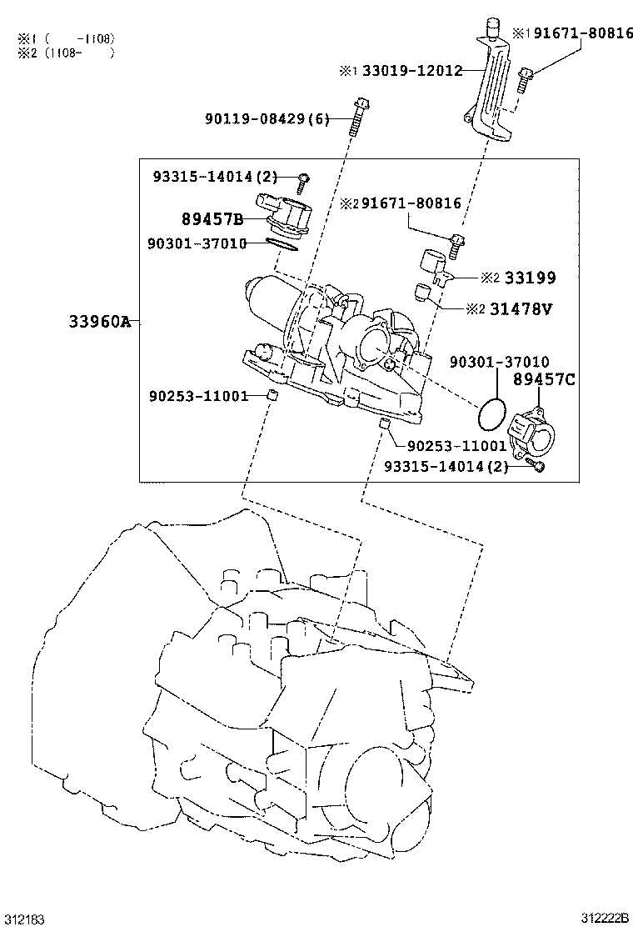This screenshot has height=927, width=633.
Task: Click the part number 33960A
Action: tap(99, 322)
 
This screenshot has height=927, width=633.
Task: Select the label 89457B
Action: tap(212, 219)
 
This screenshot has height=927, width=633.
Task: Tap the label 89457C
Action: tap(544, 380)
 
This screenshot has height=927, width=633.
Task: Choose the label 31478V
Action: tap(521, 309)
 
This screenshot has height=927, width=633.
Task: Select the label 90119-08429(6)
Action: tap(267, 120)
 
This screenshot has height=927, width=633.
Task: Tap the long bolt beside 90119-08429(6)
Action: tap(359, 115)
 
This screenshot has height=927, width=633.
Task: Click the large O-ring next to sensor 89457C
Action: tap(491, 411)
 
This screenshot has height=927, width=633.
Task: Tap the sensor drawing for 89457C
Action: tap(536, 432)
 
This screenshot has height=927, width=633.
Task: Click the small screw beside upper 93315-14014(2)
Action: tap(304, 179)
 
